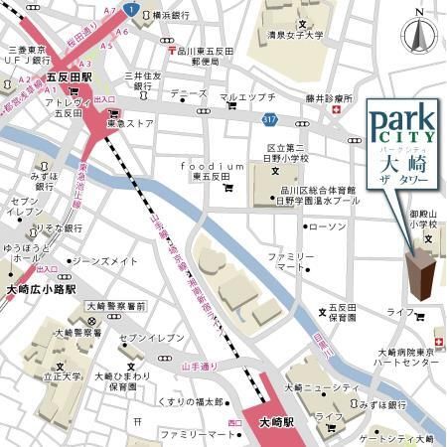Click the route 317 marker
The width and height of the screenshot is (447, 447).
point(296,120)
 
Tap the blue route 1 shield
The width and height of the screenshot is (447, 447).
point(132,9)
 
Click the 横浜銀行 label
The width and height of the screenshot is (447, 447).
point(173,16)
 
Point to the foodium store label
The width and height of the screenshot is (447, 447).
point(212,166)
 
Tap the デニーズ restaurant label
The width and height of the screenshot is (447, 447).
point(188,93)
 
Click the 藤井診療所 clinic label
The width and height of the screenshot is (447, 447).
point(329,98)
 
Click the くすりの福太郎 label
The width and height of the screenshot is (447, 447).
point(194,402)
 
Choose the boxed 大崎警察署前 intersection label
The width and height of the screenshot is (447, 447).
point(116,306)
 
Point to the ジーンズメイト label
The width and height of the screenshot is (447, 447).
point(103,261)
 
